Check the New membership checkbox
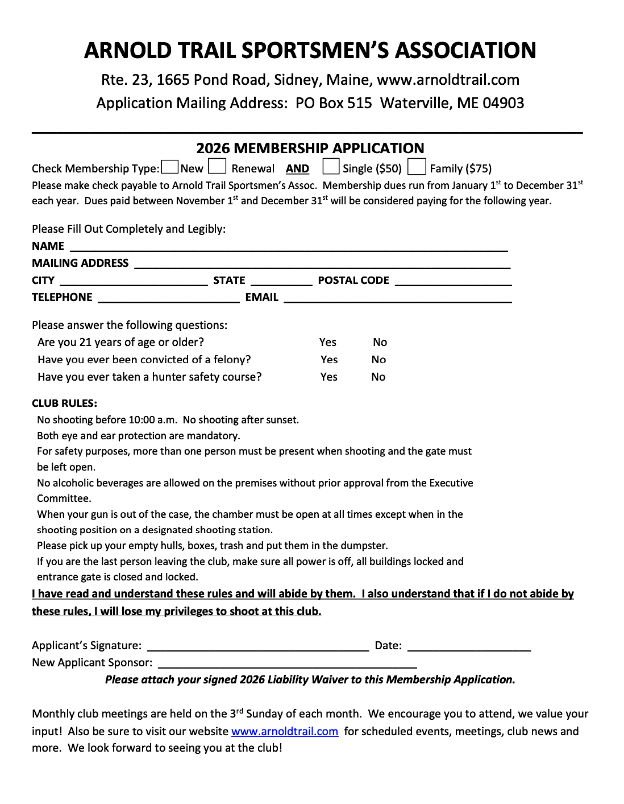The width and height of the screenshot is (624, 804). tap(169, 167)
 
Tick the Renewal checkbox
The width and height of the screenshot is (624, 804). tap(217, 167)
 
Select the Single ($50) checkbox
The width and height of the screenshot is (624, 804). tap(331, 167)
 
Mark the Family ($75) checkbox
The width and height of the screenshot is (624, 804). tap(417, 167)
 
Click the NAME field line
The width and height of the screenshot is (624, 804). tap(288, 248)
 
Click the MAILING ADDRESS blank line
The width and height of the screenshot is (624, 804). tap(322, 265)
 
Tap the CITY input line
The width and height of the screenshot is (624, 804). tap(134, 282)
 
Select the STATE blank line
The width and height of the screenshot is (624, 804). tap(281, 282)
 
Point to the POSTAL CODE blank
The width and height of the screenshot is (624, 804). tap(453, 282)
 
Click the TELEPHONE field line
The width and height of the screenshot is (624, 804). tap(169, 299)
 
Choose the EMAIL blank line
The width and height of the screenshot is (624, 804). tap(398, 299)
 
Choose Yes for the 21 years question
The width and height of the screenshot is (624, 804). tap(328, 342)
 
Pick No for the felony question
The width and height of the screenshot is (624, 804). tap(378, 360)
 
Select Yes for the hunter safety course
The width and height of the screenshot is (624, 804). tap(329, 377)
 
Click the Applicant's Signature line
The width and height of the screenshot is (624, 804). tap(258, 647)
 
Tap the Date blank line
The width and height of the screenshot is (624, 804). tap(469, 647)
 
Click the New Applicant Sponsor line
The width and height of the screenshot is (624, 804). tap(288, 664)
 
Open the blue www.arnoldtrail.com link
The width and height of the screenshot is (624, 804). tap(285, 731)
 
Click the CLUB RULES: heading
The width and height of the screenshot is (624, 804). tap(64, 403)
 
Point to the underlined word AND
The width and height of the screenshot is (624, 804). tap(297, 168)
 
